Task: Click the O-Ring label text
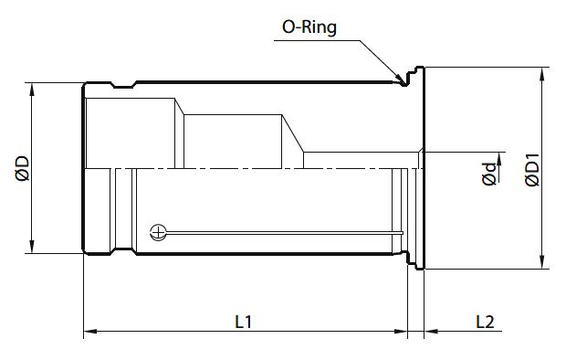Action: point(309,27)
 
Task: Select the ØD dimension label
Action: point(23,168)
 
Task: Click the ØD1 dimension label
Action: point(532,170)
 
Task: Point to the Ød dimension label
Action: point(489,175)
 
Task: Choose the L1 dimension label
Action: point(244,322)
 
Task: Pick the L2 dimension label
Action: point(485,322)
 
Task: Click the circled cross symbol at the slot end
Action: point(158,232)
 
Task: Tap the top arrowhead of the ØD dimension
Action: point(32,90)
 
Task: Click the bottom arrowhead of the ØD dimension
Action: point(32,247)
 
